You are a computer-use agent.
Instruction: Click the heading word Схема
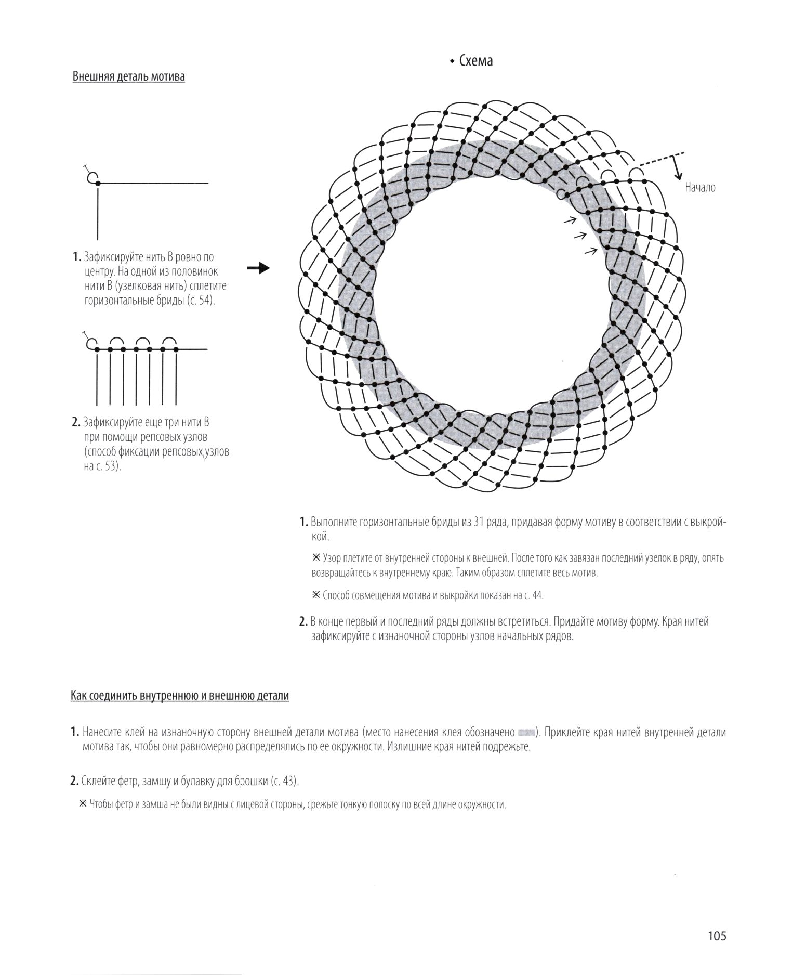[x=475, y=61]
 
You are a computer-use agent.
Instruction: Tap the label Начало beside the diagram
[x=700, y=188]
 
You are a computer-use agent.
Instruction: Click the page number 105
[x=716, y=937]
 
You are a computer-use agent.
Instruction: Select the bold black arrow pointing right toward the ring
[x=258, y=268]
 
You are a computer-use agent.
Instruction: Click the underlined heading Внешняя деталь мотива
[x=128, y=77]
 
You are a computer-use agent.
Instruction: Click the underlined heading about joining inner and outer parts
[x=179, y=696]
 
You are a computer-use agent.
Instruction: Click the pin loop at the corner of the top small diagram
[x=92, y=177]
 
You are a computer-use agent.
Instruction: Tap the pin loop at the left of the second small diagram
[x=91, y=343]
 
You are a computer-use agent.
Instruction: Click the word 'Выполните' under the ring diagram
[x=334, y=522]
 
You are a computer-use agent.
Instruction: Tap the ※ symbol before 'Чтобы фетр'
[x=83, y=804]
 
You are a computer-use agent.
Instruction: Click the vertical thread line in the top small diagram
[x=98, y=213]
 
